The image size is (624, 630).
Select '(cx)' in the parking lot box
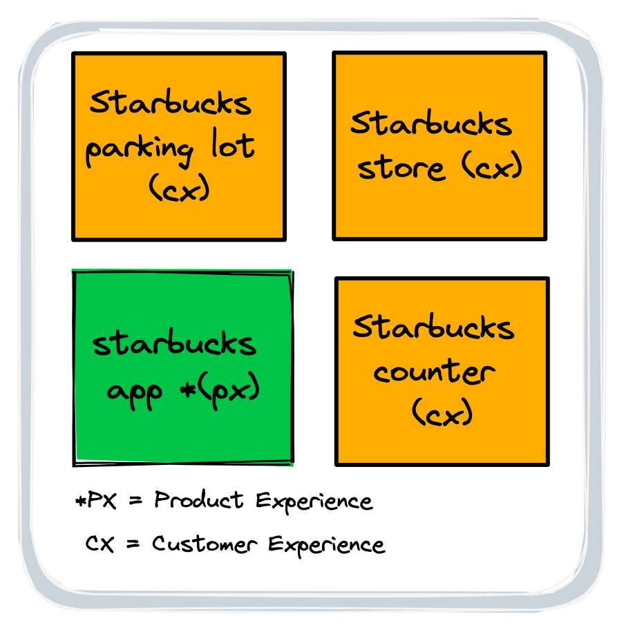point(178,188)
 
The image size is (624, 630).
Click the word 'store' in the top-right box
point(401,168)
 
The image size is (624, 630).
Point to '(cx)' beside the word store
point(491,166)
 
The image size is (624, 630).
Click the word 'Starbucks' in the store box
point(431,124)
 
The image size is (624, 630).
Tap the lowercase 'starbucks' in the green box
point(174,343)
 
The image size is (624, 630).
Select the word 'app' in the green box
point(135,392)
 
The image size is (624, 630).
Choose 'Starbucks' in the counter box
point(433,328)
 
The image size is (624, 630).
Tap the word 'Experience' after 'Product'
point(314,501)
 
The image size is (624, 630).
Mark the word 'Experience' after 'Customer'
point(326,545)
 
